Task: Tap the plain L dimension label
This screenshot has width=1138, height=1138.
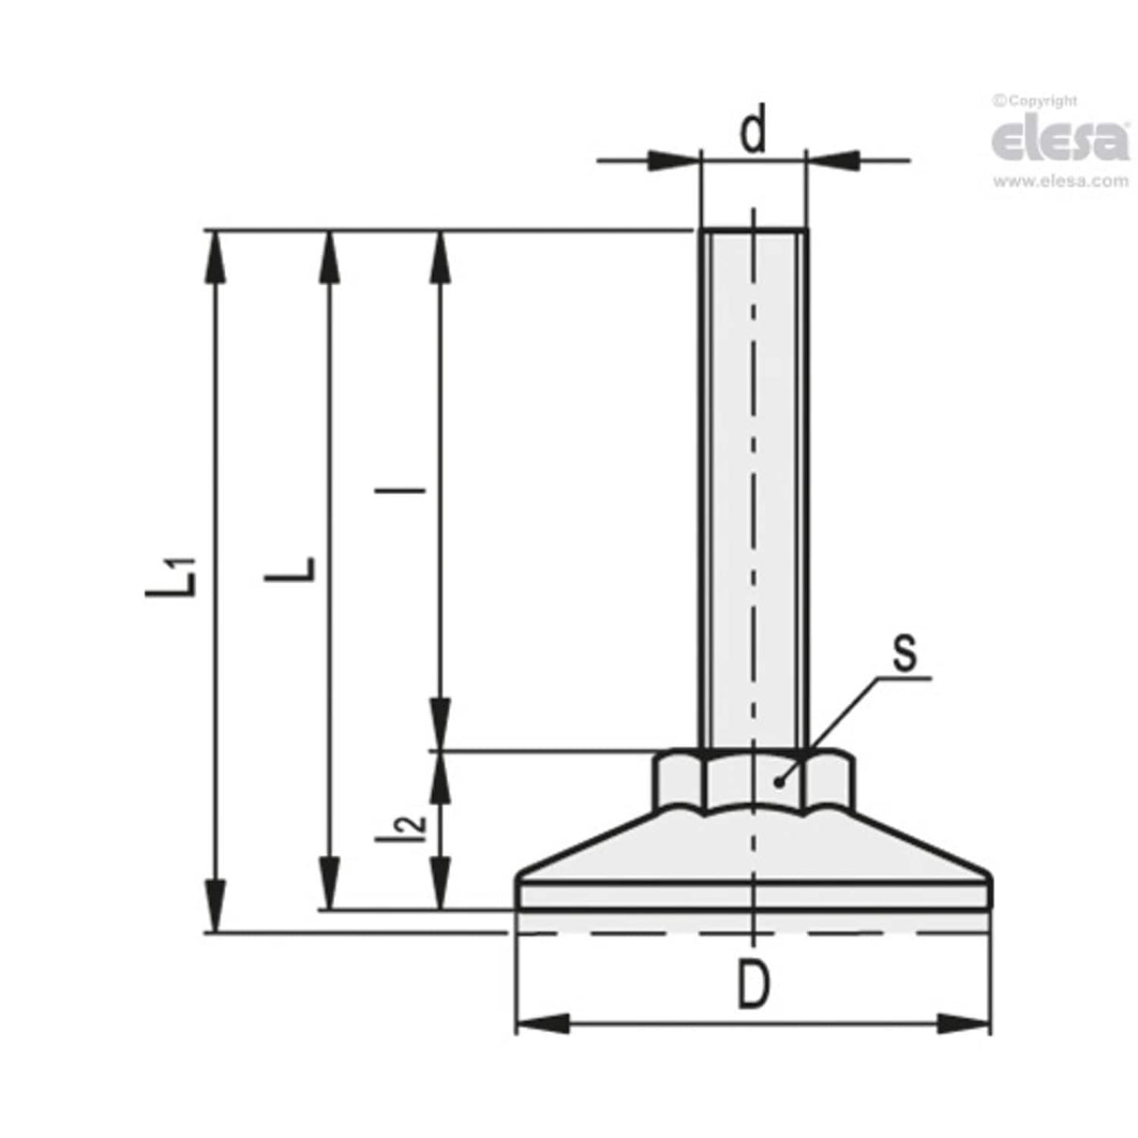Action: point(291,570)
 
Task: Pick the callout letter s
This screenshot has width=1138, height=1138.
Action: point(904,653)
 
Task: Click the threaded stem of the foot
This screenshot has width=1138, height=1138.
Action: point(753,487)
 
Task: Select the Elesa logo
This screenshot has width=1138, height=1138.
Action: point(1060,140)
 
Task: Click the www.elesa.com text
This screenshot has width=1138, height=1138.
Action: point(1060,182)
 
